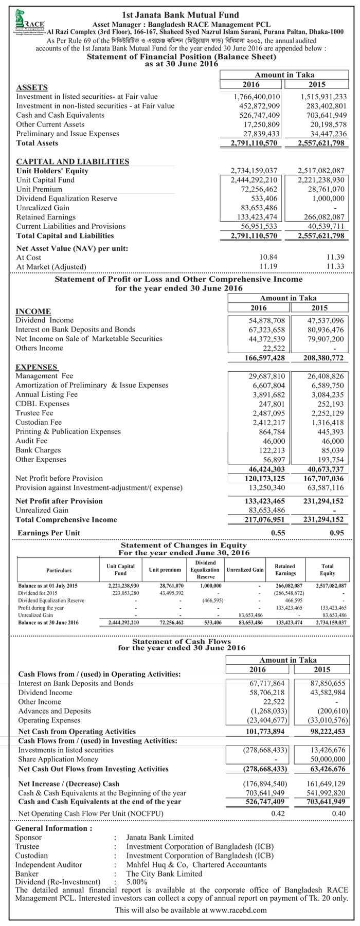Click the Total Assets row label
[37, 143]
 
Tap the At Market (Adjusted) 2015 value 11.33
[335, 266]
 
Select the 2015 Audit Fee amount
[333, 441]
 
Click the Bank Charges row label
[38, 450]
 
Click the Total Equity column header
[327, 570]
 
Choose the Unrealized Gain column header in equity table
[245, 570]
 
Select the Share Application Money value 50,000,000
[327, 759]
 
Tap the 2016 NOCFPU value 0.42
[278, 814]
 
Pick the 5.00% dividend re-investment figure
[137, 882]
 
